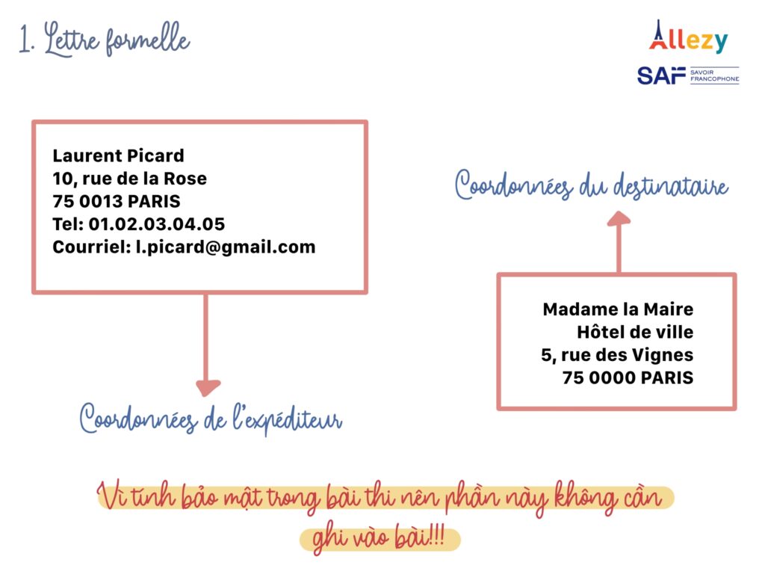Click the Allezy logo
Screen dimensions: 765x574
click(688, 37)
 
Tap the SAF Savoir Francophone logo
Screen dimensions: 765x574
click(688, 75)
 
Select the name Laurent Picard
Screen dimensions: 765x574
click(119, 155)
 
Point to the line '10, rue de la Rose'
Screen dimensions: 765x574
click(130, 179)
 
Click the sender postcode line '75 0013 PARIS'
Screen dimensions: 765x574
click(117, 201)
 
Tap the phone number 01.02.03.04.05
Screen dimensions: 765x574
click(157, 224)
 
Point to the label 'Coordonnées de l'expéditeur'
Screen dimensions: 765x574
click(211, 419)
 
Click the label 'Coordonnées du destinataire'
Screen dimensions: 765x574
click(592, 185)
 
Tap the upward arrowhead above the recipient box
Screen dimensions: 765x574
click(619, 218)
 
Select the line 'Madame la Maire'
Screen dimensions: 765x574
click(618, 309)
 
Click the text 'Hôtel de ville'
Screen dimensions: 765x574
click(635, 333)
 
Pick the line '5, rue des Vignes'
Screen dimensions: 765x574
click(617, 355)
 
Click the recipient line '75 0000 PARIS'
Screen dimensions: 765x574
click(628, 377)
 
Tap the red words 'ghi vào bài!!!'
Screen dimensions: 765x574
click(379, 538)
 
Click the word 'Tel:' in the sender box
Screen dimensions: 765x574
click(68, 224)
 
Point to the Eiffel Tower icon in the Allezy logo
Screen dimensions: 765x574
click(658, 34)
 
